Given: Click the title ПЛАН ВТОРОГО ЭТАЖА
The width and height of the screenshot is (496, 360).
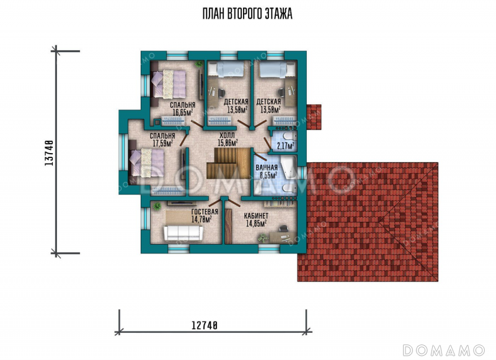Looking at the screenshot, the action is click(x=247, y=14).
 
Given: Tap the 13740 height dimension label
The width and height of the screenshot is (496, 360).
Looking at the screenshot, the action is click(x=48, y=152).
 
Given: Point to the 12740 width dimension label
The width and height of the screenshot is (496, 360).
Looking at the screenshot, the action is click(x=205, y=325).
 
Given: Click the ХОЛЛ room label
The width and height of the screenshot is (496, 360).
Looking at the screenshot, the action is click(x=227, y=136).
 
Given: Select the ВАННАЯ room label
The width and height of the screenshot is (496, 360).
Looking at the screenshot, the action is click(x=267, y=168).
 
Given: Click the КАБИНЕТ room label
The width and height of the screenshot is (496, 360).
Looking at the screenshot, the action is click(x=256, y=216).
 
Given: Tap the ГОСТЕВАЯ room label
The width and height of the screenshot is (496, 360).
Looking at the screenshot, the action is click(x=205, y=212).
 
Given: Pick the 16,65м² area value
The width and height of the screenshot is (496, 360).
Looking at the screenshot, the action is click(x=183, y=112).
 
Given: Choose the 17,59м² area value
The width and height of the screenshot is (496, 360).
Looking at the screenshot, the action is click(x=162, y=143).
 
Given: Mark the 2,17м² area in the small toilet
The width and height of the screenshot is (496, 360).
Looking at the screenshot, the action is click(x=285, y=146).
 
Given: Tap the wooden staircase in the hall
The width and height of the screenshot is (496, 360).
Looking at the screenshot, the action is click(x=229, y=164).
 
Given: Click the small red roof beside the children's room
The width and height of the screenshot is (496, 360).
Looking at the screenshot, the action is click(x=314, y=117).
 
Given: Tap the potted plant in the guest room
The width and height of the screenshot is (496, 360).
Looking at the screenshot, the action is click(x=157, y=206).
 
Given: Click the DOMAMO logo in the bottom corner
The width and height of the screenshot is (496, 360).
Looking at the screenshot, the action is click(x=443, y=350).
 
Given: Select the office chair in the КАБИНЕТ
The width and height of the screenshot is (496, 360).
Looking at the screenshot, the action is click(x=283, y=229).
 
